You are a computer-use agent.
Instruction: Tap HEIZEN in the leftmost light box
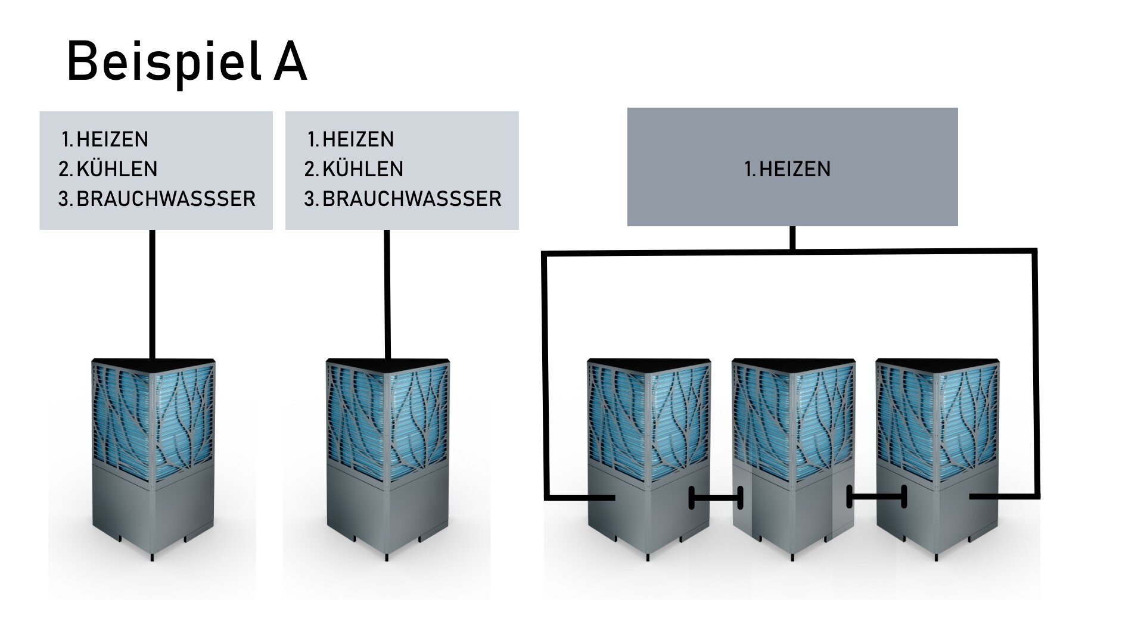click(113, 139)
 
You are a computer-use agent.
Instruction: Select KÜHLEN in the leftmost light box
click(117, 169)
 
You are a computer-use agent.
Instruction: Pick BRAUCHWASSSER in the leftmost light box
click(166, 199)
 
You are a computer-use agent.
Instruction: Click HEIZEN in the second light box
click(358, 139)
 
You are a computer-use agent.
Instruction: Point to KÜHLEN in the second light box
click(363, 169)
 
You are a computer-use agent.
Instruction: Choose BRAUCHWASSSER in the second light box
click(412, 199)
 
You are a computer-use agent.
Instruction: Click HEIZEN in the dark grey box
click(795, 169)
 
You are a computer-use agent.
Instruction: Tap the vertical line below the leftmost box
click(152, 295)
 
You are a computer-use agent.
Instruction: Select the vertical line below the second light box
click(387, 295)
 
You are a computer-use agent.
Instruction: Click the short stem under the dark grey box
click(792, 238)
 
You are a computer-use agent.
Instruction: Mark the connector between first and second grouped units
click(716, 498)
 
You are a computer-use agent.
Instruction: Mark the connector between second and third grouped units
click(876, 497)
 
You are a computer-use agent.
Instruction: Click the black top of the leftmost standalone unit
click(153, 365)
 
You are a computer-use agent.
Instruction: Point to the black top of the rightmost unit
click(938, 365)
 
